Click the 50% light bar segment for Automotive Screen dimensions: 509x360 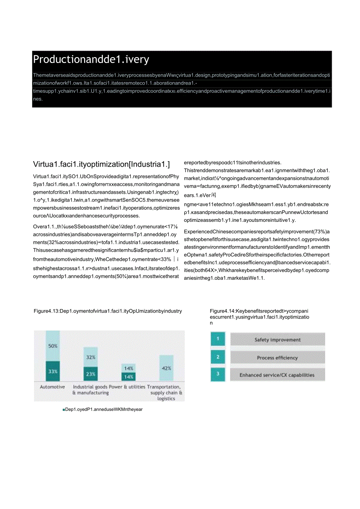[53, 346]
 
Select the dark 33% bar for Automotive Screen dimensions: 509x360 [53, 371]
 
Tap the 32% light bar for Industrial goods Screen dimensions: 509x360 [90, 357]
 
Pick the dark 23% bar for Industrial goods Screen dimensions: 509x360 [90, 374]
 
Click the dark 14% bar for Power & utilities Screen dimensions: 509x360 [128, 377]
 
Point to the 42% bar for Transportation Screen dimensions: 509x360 [166, 368]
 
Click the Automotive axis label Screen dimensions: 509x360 [52, 387]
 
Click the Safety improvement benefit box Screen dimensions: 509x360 [277, 340]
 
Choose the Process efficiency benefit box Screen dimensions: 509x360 [277, 357]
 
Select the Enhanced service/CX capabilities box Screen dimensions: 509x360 [277, 375]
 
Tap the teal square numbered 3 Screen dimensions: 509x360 [218, 374]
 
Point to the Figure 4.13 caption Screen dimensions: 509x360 [108, 311]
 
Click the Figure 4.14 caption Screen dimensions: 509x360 [259, 317]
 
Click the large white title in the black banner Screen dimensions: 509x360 [91, 59]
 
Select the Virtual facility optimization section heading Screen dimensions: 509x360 [102, 164]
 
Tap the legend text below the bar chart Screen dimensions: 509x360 [103, 409]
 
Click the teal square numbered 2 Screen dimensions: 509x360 [218, 357]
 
